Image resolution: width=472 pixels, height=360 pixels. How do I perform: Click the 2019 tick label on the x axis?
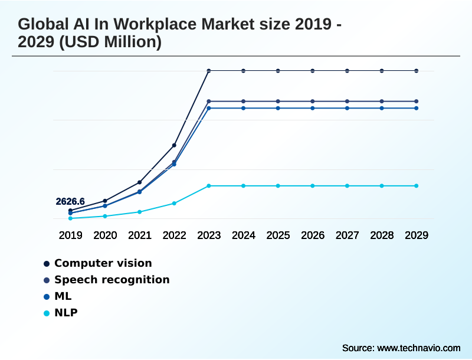tap(70, 235)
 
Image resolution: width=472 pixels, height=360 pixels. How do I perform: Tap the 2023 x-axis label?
tap(209, 235)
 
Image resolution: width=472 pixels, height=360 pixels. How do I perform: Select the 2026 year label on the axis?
tap(313, 235)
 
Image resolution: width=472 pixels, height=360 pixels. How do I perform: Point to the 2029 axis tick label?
tap(417, 235)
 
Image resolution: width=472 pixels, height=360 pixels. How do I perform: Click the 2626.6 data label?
tap(70, 202)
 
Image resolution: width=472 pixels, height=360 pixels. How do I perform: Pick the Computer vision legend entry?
tap(103, 263)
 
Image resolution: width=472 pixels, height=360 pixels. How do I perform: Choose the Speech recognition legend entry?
tap(112, 280)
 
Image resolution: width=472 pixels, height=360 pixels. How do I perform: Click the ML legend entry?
tap(63, 296)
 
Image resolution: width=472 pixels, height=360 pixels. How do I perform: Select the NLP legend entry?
tap(65, 313)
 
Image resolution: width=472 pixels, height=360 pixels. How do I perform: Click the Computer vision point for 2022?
tap(174, 145)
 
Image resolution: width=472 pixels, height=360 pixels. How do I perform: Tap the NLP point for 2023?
tap(209, 186)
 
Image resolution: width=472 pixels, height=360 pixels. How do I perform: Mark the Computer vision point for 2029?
tap(417, 71)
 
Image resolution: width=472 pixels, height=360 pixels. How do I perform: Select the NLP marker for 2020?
tap(105, 216)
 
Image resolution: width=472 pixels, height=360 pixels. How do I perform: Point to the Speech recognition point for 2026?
tap(313, 102)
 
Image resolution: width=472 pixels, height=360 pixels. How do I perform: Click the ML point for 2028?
tap(382, 108)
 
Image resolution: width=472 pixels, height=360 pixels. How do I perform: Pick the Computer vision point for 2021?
tap(139, 182)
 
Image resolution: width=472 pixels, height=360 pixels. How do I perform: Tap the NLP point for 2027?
tap(348, 186)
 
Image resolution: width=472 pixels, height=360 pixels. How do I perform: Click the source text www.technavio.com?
tap(418, 348)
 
